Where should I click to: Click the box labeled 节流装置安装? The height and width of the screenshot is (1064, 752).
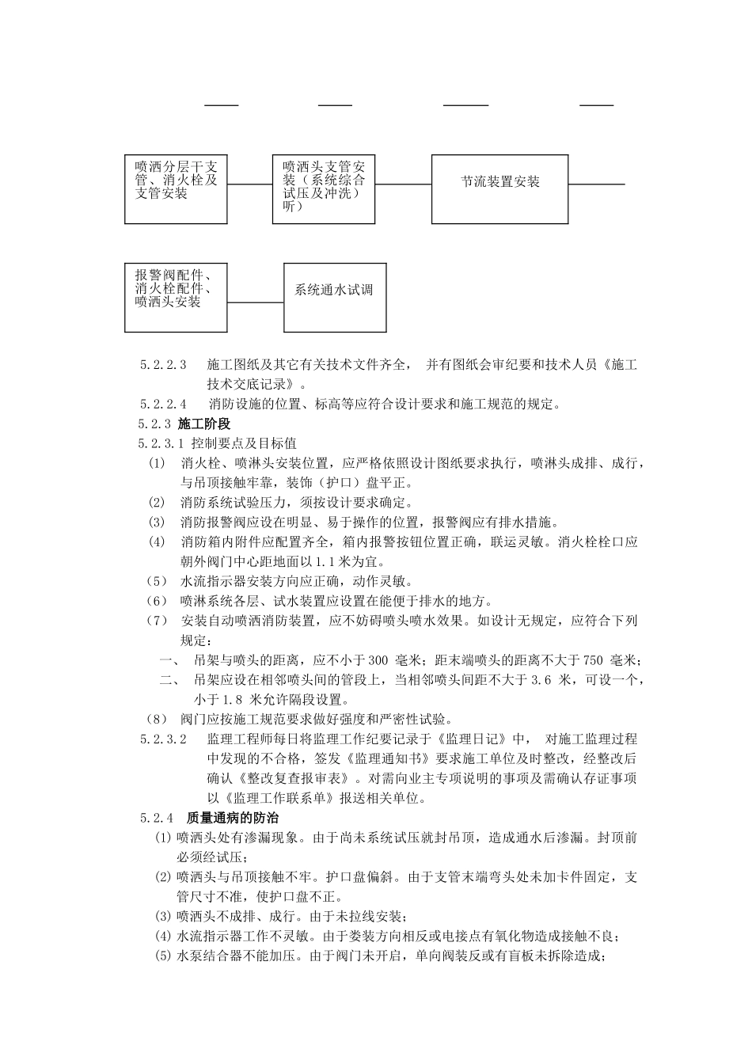click(499, 188)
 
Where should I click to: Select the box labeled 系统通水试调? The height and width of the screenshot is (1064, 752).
click(334, 297)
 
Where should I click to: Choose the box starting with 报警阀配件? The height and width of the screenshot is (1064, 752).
click(176, 297)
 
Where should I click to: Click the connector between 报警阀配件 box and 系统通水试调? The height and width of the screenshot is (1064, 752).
click(256, 302)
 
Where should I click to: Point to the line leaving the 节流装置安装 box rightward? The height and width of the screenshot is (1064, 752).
click(596, 184)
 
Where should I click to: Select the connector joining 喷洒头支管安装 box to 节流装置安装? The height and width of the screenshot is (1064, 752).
click(403, 184)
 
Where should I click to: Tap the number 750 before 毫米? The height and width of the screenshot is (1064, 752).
click(594, 660)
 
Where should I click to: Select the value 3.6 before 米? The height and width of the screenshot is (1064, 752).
click(541, 680)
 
